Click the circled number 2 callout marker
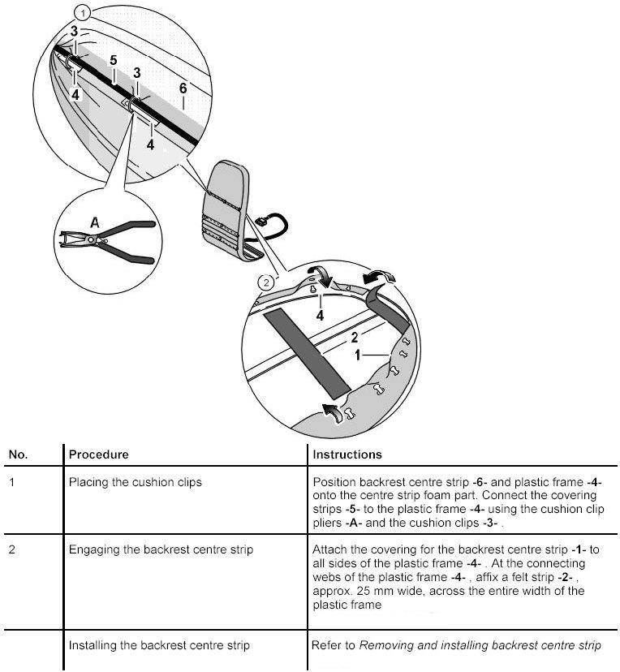(x=265, y=282)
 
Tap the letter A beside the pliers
(x=94, y=221)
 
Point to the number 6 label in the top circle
(x=183, y=88)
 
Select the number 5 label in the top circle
(x=114, y=61)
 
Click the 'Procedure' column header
(x=98, y=454)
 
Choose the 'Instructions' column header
(x=347, y=454)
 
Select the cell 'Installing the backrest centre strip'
(x=159, y=646)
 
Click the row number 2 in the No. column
(x=11, y=550)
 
